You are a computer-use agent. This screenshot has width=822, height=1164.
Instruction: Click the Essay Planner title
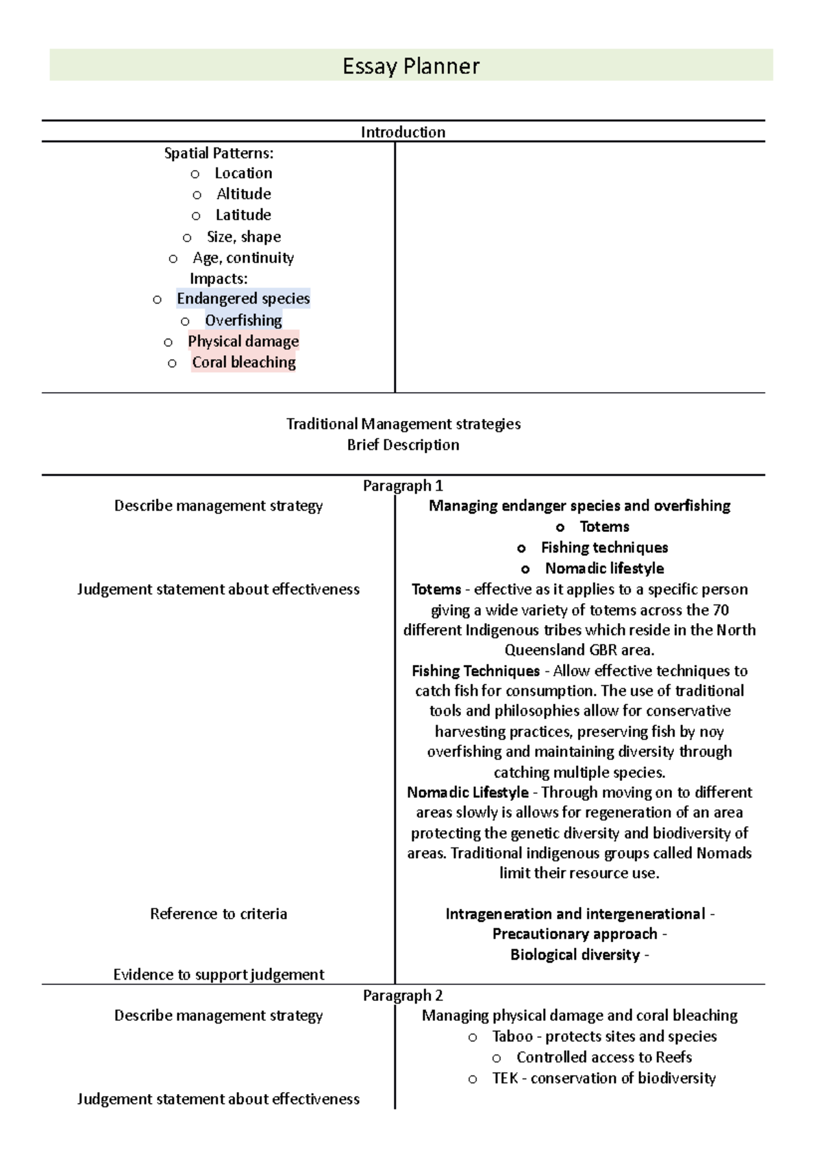(x=411, y=66)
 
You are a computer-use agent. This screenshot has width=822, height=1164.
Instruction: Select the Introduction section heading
(x=403, y=132)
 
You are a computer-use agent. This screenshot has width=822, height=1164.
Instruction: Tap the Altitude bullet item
(x=243, y=194)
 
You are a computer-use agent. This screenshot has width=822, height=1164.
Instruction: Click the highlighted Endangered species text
(x=243, y=298)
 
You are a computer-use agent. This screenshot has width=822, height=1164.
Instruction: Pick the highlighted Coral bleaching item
(x=243, y=362)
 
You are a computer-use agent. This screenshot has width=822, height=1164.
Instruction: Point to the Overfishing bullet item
(x=243, y=320)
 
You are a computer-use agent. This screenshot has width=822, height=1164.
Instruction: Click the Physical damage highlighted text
(x=243, y=341)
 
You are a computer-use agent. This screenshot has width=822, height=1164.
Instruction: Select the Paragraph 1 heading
(x=403, y=485)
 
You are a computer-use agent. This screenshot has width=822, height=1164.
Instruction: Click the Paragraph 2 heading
(x=403, y=995)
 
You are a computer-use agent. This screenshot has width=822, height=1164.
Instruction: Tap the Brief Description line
(x=403, y=445)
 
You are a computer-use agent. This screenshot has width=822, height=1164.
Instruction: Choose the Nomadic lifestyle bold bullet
(x=604, y=568)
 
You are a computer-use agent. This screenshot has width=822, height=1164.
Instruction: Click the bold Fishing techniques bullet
(x=604, y=547)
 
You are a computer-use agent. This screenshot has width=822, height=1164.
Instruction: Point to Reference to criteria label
(x=219, y=914)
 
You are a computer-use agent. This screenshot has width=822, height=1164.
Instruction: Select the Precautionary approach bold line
(x=575, y=934)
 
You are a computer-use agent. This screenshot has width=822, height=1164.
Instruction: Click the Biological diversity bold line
(x=575, y=955)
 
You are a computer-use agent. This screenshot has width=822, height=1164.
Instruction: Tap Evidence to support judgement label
(x=219, y=974)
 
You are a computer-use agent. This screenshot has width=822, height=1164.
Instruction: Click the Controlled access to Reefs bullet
(x=603, y=1057)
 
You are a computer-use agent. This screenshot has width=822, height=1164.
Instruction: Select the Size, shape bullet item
(x=243, y=237)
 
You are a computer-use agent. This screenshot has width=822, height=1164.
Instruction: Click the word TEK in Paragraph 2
(x=505, y=1078)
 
